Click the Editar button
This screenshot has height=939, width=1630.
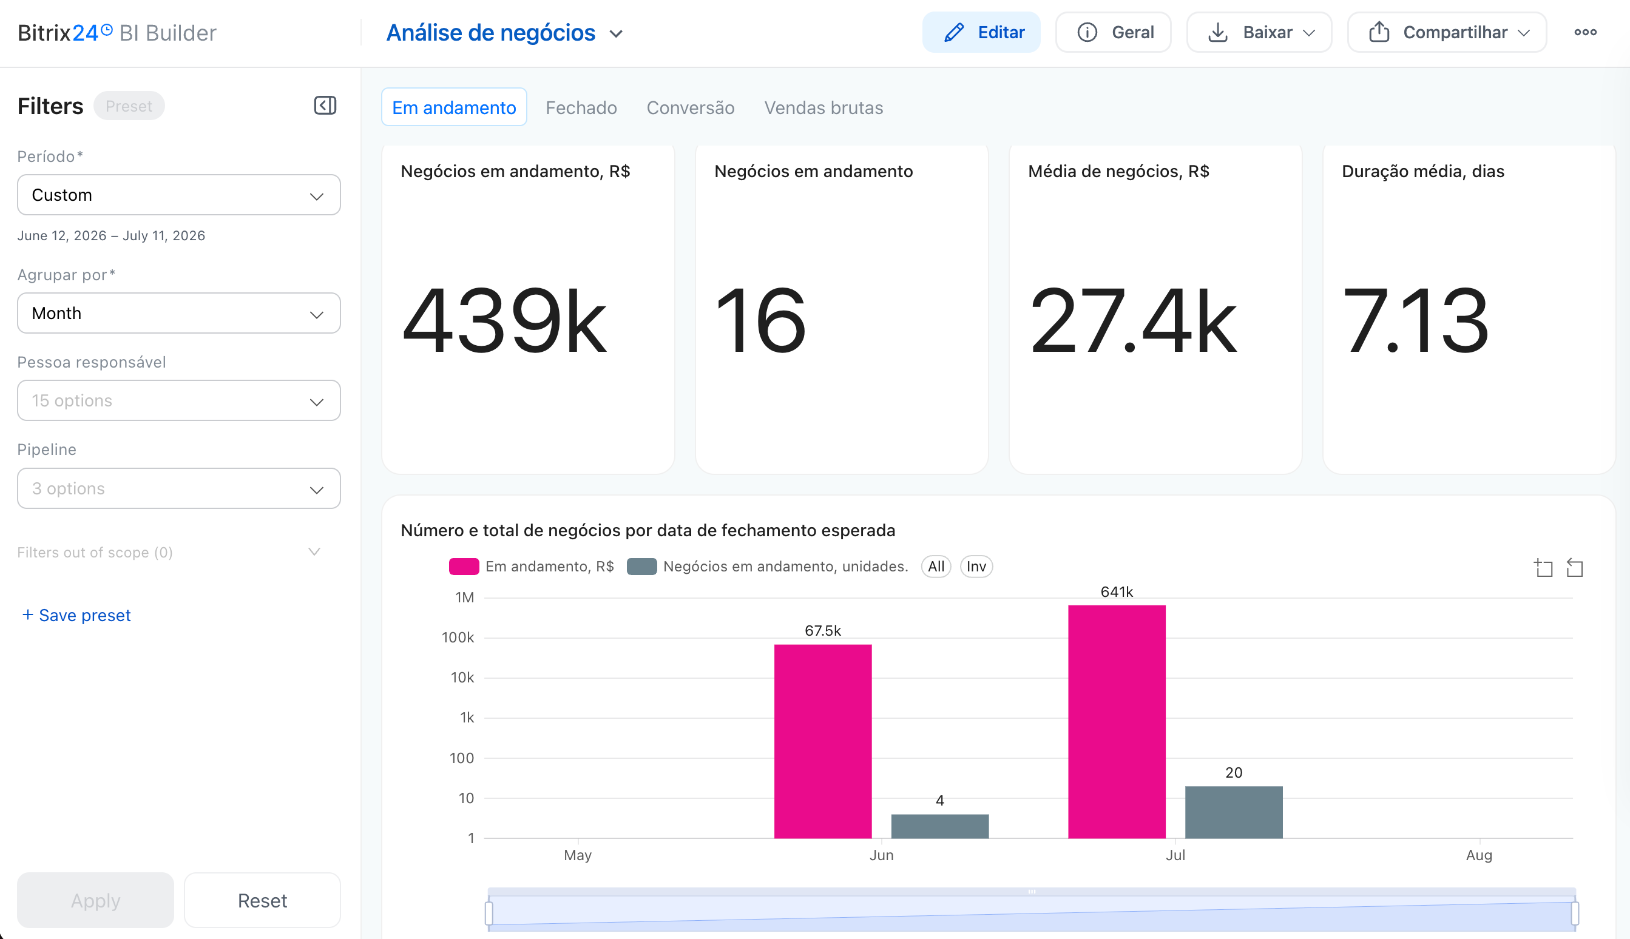(981, 32)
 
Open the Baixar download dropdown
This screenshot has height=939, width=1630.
(1259, 32)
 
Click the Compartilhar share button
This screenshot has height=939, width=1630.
(1446, 32)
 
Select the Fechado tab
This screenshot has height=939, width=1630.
(581, 108)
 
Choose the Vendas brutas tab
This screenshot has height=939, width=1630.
(823, 108)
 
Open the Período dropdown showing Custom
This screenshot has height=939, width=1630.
(178, 195)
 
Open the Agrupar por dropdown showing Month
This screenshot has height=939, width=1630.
(178, 314)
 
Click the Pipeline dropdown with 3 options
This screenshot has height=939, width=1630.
(178, 489)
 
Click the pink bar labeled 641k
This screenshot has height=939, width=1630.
(1117, 722)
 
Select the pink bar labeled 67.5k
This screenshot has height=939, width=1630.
(822, 742)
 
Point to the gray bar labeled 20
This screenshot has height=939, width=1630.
(1233, 813)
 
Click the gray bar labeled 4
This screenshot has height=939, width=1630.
(940, 827)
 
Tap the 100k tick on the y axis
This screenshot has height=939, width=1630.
(458, 638)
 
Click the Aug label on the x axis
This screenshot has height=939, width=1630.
(1478, 855)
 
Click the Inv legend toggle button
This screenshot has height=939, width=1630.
(976, 566)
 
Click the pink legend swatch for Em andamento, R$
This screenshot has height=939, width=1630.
(464, 566)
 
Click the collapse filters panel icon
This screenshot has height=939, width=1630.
(325, 106)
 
